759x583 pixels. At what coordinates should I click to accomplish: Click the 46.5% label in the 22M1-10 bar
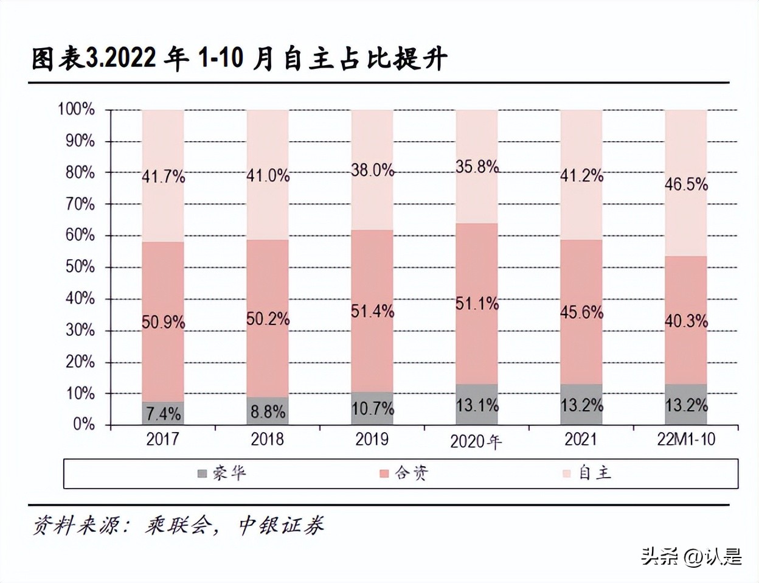(686, 184)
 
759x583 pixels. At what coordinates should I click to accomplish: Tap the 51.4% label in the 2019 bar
(372, 311)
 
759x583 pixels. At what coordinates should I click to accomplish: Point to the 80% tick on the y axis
(80, 172)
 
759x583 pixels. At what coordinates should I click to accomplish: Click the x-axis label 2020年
(476, 441)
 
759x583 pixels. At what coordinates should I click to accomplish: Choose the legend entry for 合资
(404, 473)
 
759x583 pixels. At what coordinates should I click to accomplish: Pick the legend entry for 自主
(587, 473)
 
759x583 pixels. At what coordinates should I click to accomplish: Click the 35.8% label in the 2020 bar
(477, 166)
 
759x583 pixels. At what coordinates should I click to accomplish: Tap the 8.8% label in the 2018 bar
(268, 412)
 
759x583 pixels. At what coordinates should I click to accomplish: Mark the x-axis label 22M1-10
(686, 439)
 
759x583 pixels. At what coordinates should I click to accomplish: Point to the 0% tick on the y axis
(84, 424)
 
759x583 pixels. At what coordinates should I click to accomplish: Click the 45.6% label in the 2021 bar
(581, 312)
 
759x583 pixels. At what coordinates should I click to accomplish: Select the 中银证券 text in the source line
(281, 525)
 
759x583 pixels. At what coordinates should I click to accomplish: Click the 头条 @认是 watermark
(691, 556)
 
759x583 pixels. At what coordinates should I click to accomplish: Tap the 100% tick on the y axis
(77, 109)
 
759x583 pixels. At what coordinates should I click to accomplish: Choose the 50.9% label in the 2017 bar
(163, 321)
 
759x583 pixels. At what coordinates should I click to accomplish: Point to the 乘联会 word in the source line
(179, 525)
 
